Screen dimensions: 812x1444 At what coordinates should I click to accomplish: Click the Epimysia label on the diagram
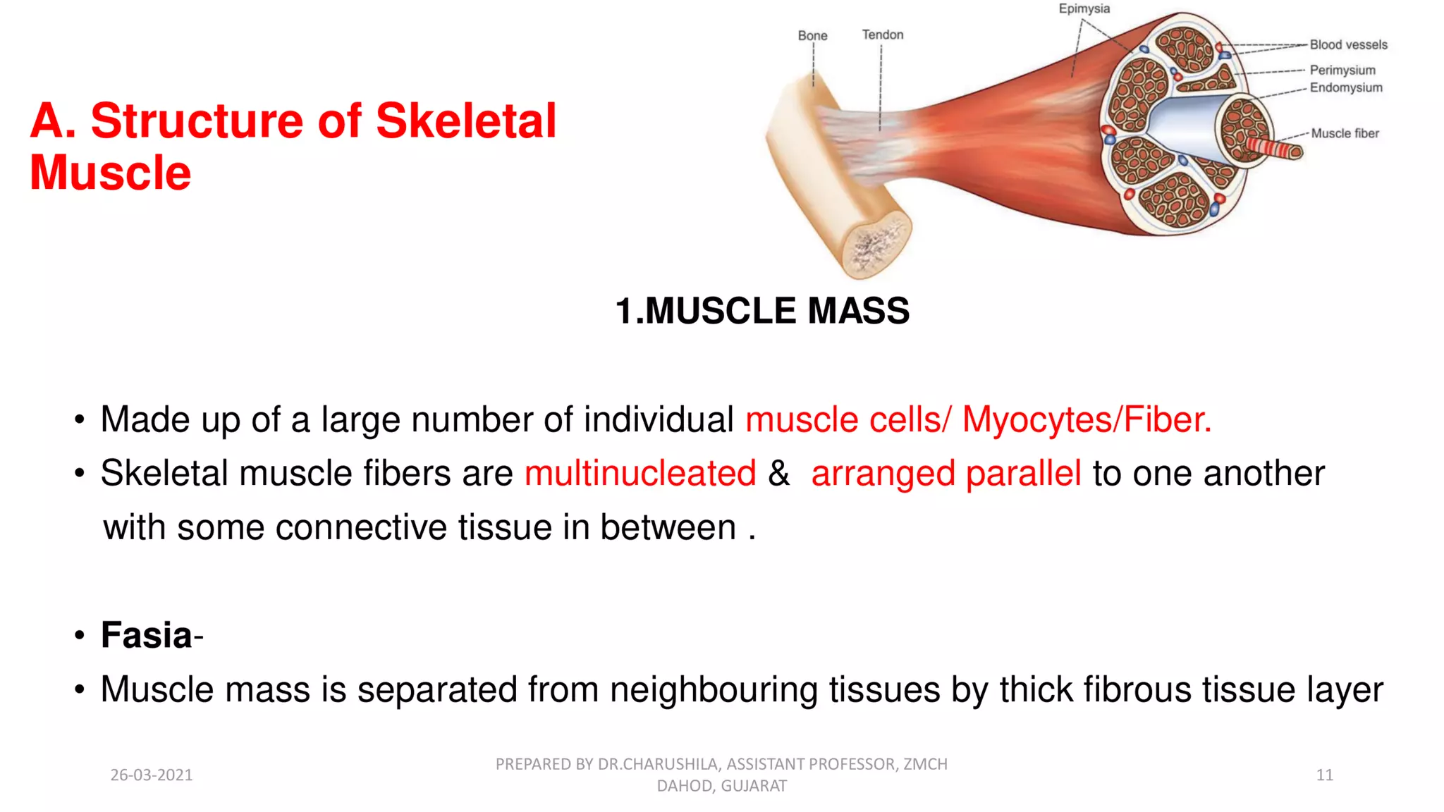tap(1084, 9)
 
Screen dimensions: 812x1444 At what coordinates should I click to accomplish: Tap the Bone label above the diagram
tap(812, 35)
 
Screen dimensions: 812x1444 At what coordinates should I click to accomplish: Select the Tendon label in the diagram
tap(882, 35)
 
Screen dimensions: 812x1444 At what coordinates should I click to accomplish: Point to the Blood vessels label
tap(1348, 44)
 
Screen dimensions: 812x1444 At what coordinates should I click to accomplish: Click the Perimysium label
tap(1342, 70)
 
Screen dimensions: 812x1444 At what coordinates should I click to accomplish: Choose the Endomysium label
tap(1346, 87)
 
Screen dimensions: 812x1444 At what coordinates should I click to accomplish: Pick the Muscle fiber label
tap(1345, 133)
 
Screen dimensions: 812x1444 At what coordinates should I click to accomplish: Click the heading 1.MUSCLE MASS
tap(762, 311)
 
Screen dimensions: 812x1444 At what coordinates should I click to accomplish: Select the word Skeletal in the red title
tap(466, 121)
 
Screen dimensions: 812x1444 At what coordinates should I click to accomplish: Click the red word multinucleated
tap(640, 473)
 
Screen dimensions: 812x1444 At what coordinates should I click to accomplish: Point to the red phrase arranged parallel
tap(946, 473)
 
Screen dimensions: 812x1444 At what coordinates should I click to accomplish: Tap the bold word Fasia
tap(147, 635)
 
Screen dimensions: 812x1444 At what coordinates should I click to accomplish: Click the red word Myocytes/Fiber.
tap(1087, 419)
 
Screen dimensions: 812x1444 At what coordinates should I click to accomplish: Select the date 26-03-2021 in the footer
tap(152, 775)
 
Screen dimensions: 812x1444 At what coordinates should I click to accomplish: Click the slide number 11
tap(1324, 775)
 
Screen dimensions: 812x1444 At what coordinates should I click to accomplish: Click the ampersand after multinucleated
tap(778, 473)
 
